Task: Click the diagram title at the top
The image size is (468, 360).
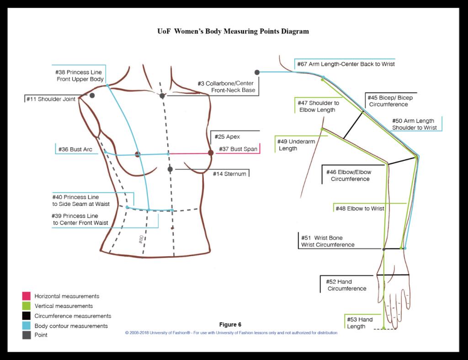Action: click(232, 32)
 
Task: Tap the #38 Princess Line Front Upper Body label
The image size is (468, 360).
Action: click(79, 76)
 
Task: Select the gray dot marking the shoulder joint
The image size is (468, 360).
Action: click(92, 95)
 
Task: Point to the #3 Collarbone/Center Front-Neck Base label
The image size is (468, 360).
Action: click(226, 87)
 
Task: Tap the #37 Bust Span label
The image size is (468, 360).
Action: click(238, 149)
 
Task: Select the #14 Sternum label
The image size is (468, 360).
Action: click(229, 174)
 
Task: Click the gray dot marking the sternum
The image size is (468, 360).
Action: click(170, 169)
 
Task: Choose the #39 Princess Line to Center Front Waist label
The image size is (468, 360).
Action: click(81, 219)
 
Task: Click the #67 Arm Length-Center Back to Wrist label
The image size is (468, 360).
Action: click(346, 64)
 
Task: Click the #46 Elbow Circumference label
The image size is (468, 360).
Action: click(348, 176)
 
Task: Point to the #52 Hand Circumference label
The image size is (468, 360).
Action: click(346, 285)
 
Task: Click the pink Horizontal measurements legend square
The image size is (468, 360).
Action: click(26, 296)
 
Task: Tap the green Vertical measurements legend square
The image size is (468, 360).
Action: click(26, 306)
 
